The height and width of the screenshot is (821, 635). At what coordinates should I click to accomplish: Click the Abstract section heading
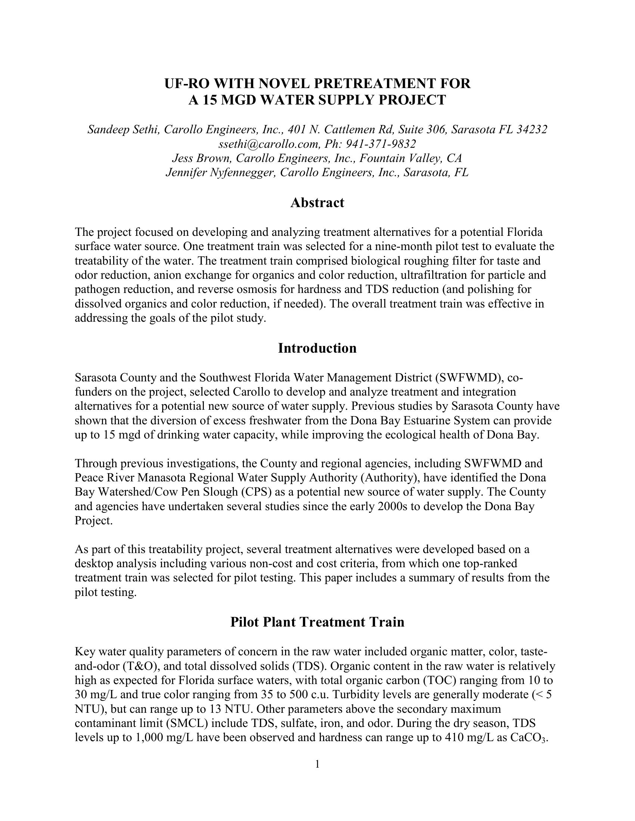click(317, 203)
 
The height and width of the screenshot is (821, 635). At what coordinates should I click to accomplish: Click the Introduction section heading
click(317, 348)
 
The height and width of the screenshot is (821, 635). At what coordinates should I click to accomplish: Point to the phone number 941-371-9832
click(381, 144)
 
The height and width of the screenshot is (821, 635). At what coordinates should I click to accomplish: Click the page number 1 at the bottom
click(317, 764)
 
